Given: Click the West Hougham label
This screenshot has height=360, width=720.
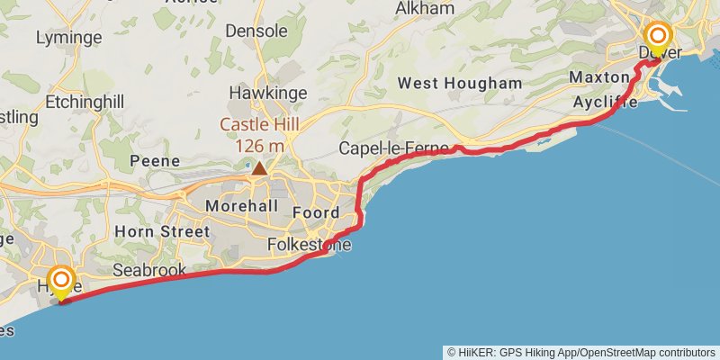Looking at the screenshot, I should pos(460,84).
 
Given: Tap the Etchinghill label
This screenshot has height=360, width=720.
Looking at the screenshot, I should pos(85,102).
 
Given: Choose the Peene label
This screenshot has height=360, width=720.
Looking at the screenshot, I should pos(149,161).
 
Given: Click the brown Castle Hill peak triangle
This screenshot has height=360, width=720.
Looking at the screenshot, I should pos(259,168).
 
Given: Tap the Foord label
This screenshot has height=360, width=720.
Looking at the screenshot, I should pos(316,213).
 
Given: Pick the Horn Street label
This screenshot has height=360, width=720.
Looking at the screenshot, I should pos(162,231).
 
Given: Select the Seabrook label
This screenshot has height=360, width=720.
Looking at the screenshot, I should pos(149,270).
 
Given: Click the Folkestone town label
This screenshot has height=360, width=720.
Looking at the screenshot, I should pos(310,245).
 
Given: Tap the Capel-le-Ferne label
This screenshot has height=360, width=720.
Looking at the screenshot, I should pos(393,148).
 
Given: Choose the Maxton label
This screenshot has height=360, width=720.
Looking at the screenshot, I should pos(598,78).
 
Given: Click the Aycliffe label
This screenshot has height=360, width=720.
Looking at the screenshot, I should pos(606,103).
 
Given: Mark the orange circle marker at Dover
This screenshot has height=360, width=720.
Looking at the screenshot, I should pos(658,36).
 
